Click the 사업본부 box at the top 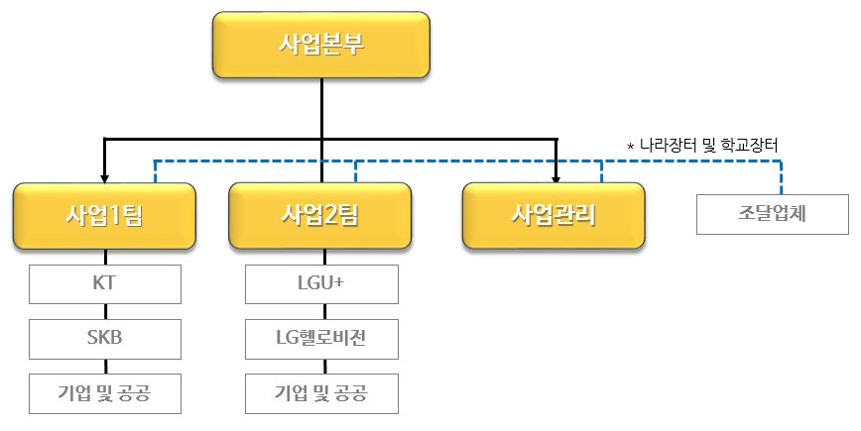pos(320,46)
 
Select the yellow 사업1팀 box pos(105,215)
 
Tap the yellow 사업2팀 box pos(320,215)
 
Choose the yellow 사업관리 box pos(553,215)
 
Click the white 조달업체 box pos(773,214)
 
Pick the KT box pos(105,284)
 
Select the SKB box pos(105,339)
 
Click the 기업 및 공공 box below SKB pos(105,393)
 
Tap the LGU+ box pos(321,284)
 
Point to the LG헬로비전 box pos(321,339)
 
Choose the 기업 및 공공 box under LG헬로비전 pos(321,393)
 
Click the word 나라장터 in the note pos(669,146)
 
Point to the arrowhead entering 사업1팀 pos(105,176)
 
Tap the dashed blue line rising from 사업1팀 pos(154,170)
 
